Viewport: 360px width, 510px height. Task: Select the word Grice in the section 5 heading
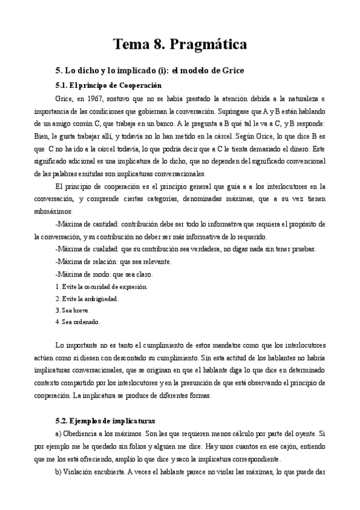coord(229,70)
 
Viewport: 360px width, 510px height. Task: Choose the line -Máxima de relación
coord(105,262)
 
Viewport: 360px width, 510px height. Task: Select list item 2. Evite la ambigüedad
coord(86,298)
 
